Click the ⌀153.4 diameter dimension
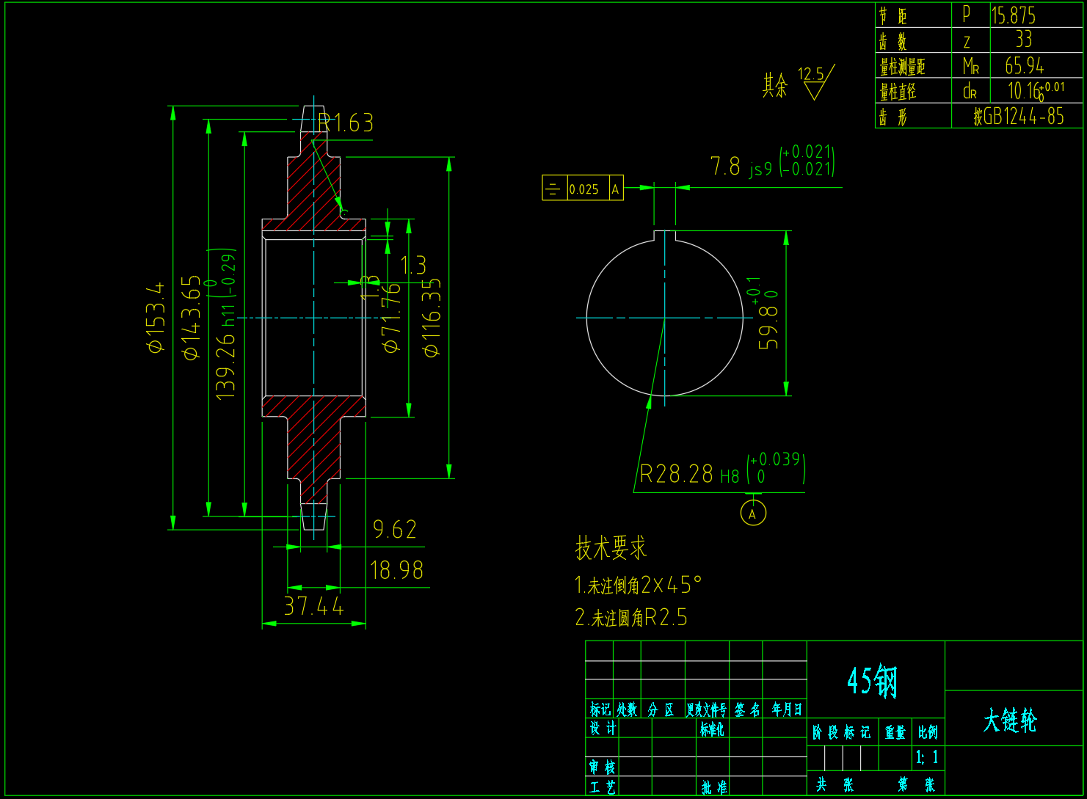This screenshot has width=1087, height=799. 156,317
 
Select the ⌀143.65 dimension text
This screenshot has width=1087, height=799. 191,317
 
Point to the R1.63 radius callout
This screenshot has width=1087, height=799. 346,123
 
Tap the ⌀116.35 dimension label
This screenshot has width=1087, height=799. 432,317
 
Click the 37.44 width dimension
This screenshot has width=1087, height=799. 313,607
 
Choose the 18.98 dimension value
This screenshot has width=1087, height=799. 396,570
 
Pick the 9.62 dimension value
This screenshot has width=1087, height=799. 395,530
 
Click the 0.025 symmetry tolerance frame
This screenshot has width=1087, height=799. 583,189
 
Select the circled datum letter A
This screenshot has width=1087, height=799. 753,513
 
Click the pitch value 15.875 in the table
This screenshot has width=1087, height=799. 1014,15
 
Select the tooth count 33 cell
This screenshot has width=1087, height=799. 1023,40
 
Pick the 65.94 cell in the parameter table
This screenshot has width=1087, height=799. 1024,66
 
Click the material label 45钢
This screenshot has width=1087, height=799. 873,681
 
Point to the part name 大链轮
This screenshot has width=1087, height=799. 1010,720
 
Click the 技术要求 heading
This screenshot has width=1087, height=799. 611,547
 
